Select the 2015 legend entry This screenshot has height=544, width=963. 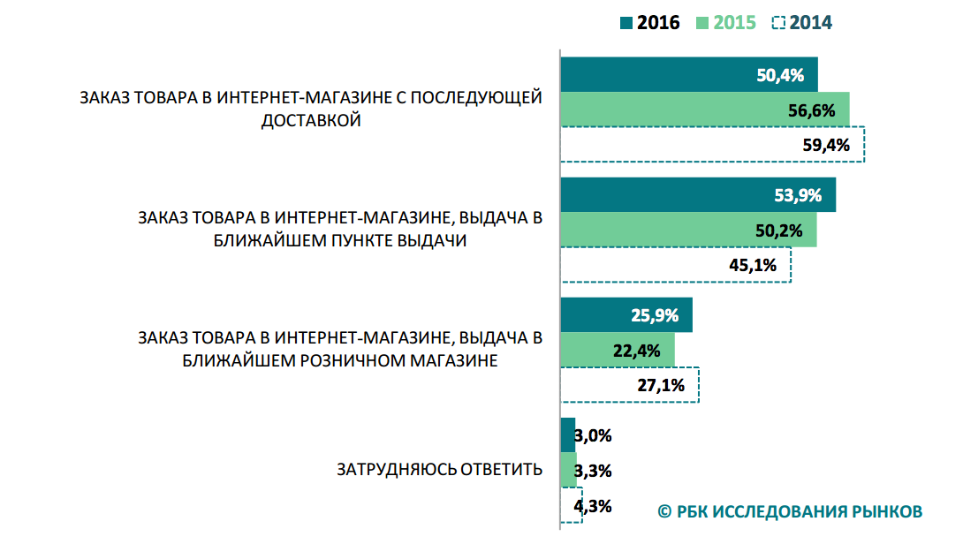click(x=725, y=23)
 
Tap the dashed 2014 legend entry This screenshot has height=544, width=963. click(x=801, y=23)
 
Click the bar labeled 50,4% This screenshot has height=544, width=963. click(x=689, y=75)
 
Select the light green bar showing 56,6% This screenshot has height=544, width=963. click(x=705, y=110)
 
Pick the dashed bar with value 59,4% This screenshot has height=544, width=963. click(x=712, y=145)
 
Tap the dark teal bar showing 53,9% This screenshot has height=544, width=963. click(x=698, y=195)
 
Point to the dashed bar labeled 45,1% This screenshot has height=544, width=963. click(x=676, y=265)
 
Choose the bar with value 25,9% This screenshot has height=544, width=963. click(x=626, y=315)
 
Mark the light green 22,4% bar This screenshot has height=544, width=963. click(x=618, y=350)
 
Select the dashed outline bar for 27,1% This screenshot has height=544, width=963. click(x=630, y=385)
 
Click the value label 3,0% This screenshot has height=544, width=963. click(x=593, y=435)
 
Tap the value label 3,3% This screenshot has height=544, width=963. click(x=594, y=471)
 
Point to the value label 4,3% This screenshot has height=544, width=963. click(x=594, y=507)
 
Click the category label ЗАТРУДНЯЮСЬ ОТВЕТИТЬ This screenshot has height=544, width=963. click(x=439, y=469)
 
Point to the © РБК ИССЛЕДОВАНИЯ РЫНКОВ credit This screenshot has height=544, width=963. click(x=790, y=511)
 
